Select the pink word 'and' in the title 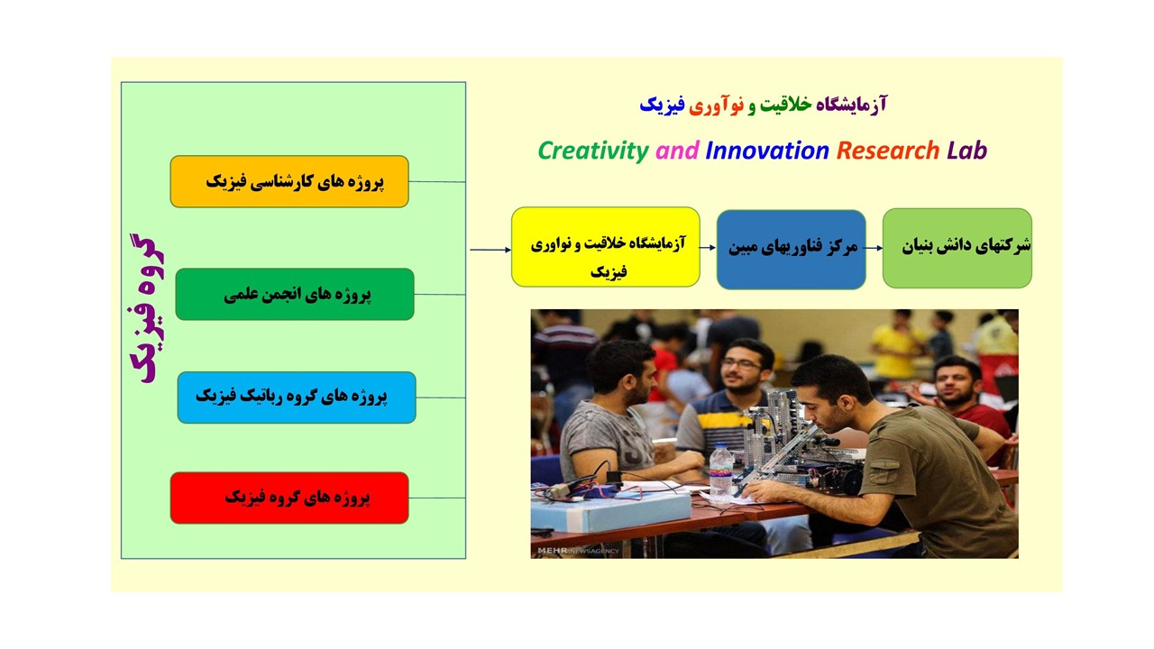coord(677,151)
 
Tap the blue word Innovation coord(767,151)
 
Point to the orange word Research coord(888,151)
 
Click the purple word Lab coord(967,151)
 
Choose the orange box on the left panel coord(289,181)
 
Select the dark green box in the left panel coord(295,294)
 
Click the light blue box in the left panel coord(297,398)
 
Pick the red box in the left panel coord(289,498)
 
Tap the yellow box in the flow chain coord(605,247)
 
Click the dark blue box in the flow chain coord(791,250)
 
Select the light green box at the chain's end coord(957,248)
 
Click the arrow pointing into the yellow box coord(490,250)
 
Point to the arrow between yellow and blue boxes coord(708,248)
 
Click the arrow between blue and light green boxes coord(874,248)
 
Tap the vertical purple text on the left coord(147,308)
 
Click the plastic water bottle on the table coord(721,473)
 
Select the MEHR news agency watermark coord(578,551)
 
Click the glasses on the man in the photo coord(741,364)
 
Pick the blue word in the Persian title coord(662,105)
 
